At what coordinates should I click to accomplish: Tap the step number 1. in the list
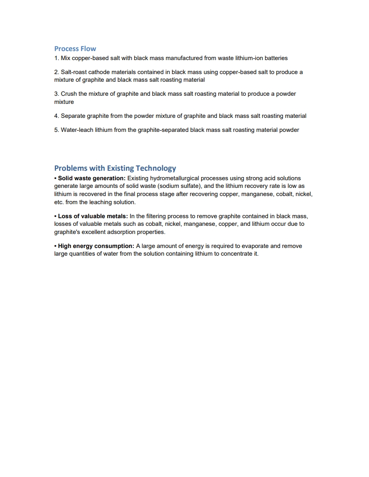point(57,58)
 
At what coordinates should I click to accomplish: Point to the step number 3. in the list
point(57,94)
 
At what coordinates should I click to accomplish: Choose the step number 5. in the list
point(57,130)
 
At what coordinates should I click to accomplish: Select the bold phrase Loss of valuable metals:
point(93,216)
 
